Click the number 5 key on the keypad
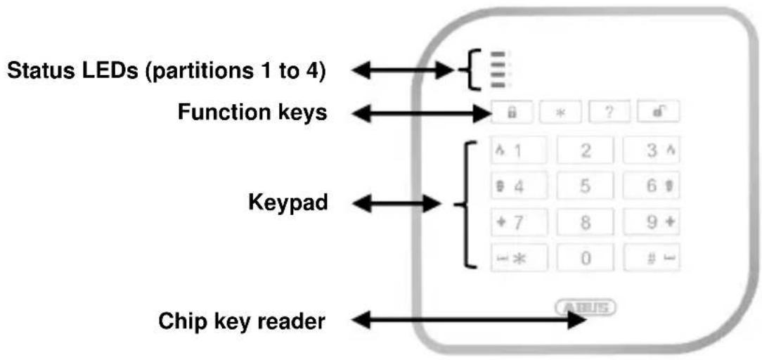(x=585, y=186)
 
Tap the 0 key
(x=585, y=258)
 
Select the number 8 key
(x=585, y=222)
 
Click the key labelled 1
(x=519, y=150)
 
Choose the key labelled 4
(x=519, y=186)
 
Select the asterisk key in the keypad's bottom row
(x=519, y=258)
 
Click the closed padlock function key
(x=512, y=112)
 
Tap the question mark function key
(x=609, y=112)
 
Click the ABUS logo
(x=586, y=307)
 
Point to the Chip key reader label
(x=242, y=321)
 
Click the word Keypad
(x=288, y=203)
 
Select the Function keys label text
(x=252, y=112)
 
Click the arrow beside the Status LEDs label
(x=402, y=71)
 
